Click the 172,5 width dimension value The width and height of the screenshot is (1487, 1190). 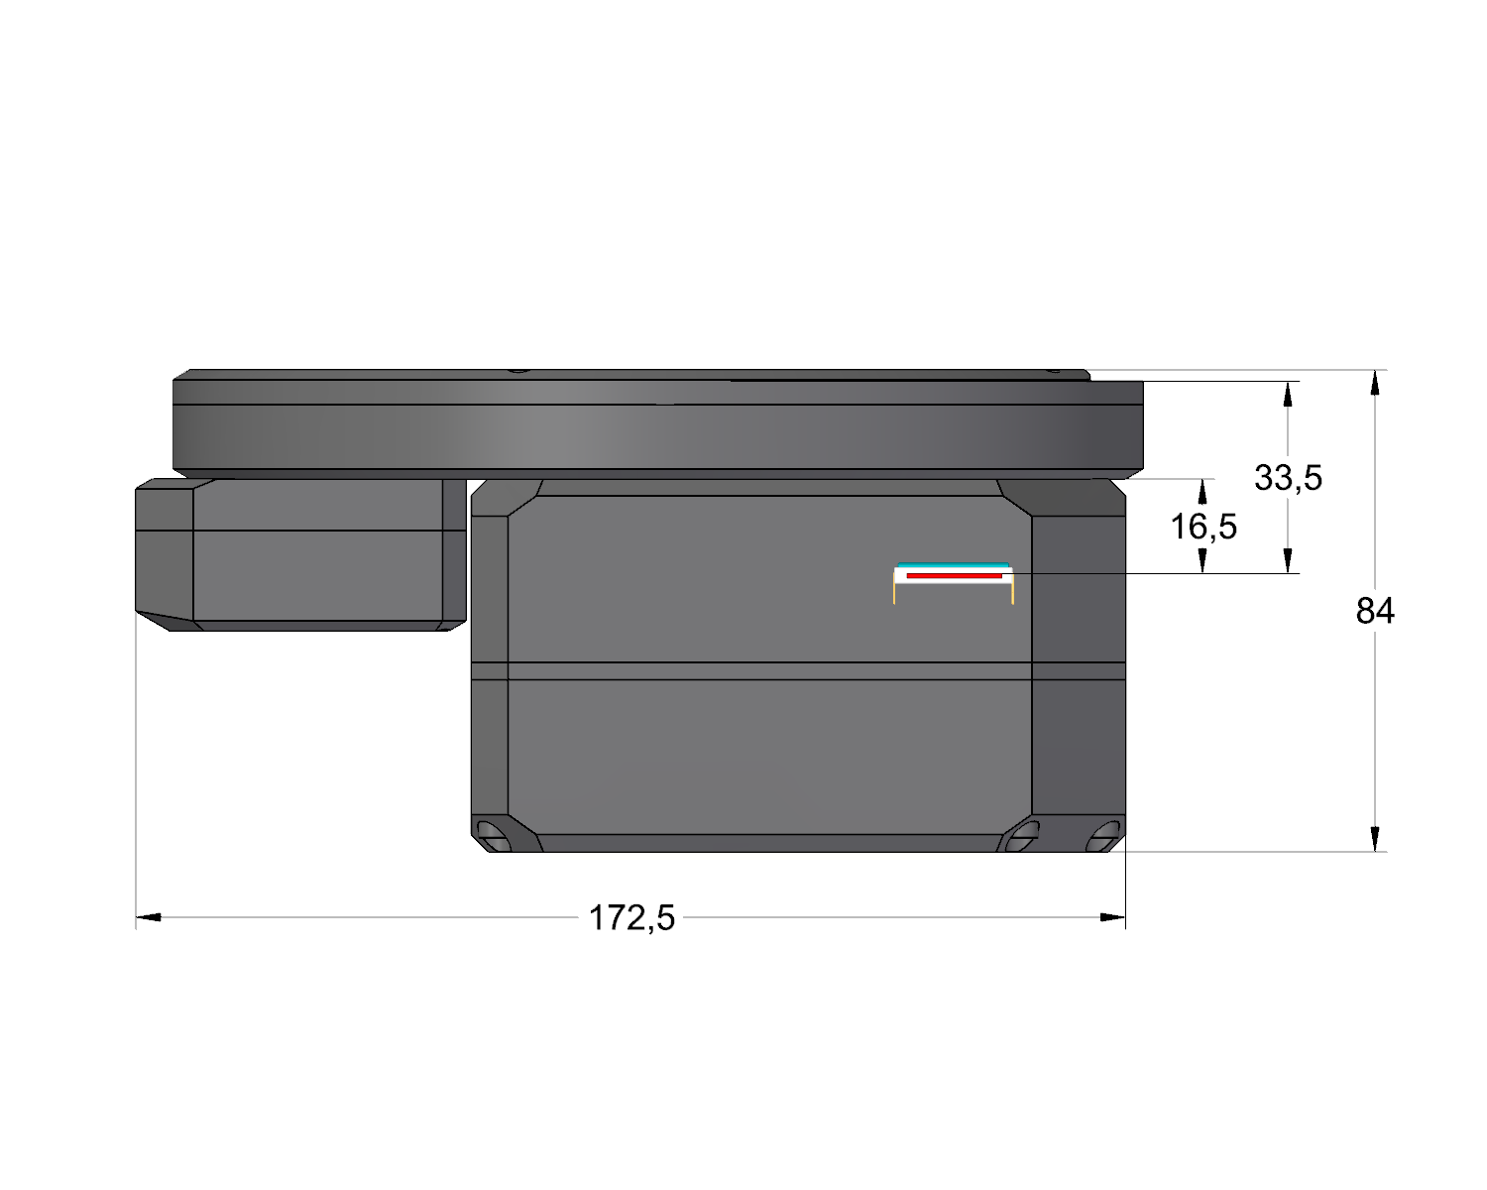[630, 919]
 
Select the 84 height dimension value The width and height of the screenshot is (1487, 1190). [1374, 611]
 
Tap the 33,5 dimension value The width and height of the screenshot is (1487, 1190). [1288, 478]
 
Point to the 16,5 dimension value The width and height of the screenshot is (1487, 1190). [1203, 527]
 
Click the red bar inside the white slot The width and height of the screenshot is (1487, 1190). [954, 575]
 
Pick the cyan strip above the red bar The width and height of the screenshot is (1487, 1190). [953, 565]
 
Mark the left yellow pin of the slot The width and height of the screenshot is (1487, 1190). [894, 592]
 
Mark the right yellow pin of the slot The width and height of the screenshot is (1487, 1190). [1012, 592]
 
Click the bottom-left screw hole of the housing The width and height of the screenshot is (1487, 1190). [494, 835]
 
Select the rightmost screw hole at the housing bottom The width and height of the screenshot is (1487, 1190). [1102, 835]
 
